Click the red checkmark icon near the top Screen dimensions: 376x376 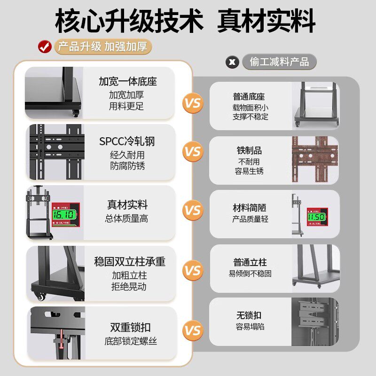tap(45, 47)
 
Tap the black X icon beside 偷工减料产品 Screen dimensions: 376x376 tap(232, 62)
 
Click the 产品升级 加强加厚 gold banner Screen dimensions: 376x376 tap(103, 47)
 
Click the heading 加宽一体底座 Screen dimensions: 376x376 tap(128, 81)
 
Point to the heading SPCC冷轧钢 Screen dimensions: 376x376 tap(127, 141)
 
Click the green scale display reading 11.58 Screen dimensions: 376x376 tap(316, 218)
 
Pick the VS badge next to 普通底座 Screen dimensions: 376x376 tap(192, 103)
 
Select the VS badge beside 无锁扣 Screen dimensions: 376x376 tap(192, 330)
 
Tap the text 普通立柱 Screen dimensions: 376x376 tap(250, 262)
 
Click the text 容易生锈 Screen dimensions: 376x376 tap(249, 171)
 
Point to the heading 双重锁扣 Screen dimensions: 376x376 tap(131, 327)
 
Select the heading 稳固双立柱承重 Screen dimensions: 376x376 tap(130, 262)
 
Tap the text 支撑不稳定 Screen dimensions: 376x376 tap(250, 117)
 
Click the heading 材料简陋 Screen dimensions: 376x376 tap(250, 208)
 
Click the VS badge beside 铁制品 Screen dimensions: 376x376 tap(192, 152)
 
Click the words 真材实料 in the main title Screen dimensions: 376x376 tap(266, 22)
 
